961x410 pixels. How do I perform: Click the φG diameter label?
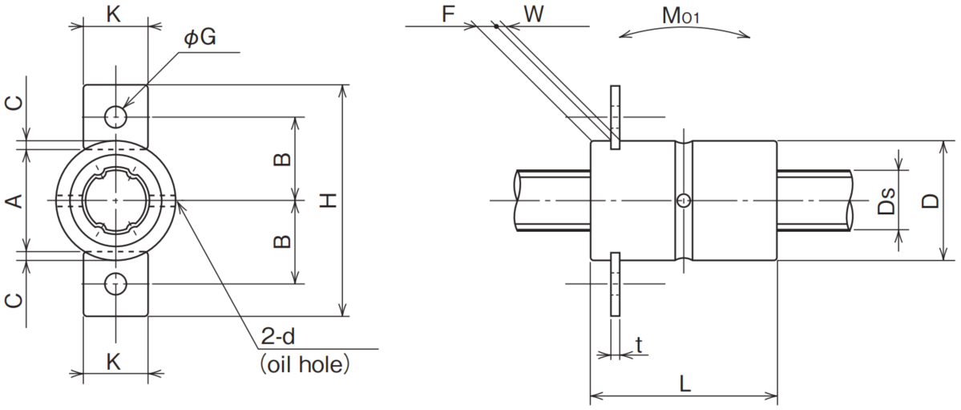(200, 38)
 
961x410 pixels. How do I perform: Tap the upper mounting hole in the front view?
(115, 116)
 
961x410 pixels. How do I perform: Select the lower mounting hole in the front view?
(115, 284)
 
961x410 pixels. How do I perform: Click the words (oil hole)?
(304, 364)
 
